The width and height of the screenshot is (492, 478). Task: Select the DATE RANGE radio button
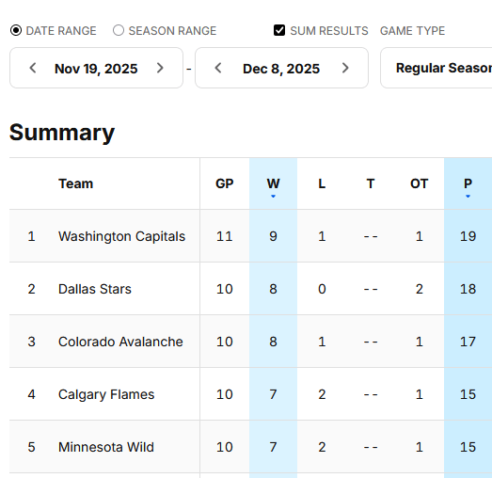tap(16, 31)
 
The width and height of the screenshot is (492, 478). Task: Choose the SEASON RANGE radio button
tap(119, 31)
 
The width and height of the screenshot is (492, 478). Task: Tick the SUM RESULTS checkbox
tap(279, 31)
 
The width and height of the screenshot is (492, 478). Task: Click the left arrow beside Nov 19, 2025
tap(33, 68)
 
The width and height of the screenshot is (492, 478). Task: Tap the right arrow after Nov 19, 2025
tap(160, 68)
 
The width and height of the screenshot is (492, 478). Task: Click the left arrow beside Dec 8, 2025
tap(218, 68)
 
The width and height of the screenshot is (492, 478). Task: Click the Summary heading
tap(62, 133)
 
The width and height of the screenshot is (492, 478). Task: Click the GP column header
tap(224, 183)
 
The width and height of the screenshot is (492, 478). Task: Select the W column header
tap(273, 183)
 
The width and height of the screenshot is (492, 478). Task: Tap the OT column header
tap(420, 183)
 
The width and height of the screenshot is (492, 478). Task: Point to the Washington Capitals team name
tap(121, 236)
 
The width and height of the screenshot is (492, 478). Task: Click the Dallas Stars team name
tap(94, 289)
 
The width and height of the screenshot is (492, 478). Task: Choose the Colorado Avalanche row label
tap(120, 342)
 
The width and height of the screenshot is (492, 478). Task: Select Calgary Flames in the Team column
tap(106, 394)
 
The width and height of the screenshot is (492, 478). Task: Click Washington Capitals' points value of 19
tap(468, 236)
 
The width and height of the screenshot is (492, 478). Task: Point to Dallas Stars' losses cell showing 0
tap(322, 289)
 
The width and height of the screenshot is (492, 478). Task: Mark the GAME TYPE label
tap(412, 31)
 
